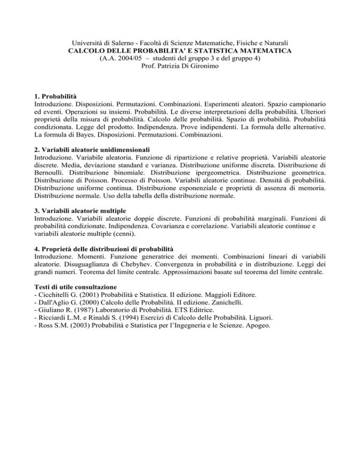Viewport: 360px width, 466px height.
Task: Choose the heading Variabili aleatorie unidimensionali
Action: (x=90, y=153)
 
